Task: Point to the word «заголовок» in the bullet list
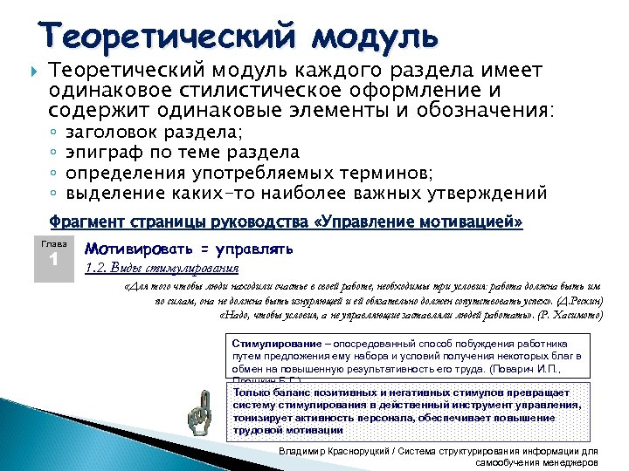coord(113,133)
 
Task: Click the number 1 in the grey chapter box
coord(53,261)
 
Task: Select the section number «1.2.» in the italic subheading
coord(94,268)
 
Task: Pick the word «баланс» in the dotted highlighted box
coord(289,393)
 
